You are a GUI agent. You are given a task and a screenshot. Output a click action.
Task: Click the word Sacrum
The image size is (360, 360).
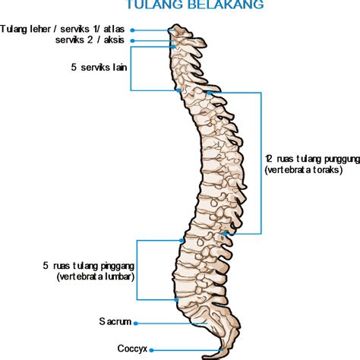tap(115, 321)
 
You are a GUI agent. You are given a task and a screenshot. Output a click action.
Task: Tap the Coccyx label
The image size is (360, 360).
tap(132, 349)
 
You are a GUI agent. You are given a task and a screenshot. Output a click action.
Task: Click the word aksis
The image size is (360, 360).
tap(114, 39)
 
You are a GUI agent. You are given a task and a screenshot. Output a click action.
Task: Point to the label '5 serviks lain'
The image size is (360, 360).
tap(99, 68)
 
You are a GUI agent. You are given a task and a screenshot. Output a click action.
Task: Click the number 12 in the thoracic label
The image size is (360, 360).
tap(268, 159)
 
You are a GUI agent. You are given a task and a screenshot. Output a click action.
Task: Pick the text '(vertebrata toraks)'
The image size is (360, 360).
tap(304, 170)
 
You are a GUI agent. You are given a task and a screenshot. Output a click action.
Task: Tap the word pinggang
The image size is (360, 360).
tap(117, 267)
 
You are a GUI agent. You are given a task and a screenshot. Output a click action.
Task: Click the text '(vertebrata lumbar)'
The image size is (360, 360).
tap(96, 276)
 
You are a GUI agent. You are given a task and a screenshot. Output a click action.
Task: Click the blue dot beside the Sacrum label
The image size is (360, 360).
tap(136, 324)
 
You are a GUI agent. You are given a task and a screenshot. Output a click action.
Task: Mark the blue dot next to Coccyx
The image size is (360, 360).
tap(151, 350)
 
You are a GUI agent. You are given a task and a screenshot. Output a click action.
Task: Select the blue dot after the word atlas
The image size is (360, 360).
tap(132, 30)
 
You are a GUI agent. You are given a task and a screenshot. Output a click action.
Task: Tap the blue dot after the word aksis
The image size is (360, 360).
tap(132, 41)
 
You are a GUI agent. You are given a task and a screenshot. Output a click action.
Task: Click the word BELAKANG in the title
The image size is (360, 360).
tap(230, 5)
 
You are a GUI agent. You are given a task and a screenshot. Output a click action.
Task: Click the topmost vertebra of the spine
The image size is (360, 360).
tap(180, 32)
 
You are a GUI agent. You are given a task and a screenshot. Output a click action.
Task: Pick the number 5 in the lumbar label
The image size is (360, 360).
tap(46, 266)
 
